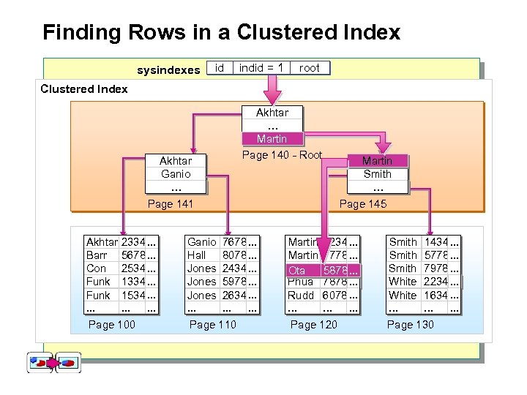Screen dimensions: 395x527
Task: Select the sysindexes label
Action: pyautogui.click(x=168, y=70)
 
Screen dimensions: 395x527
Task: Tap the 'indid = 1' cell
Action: pyautogui.click(x=261, y=68)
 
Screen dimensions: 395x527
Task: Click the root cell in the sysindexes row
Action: pyautogui.click(x=310, y=68)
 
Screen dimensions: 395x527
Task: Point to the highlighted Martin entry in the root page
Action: pyautogui.click(x=272, y=139)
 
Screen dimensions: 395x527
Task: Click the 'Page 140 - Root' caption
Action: pyautogui.click(x=282, y=155)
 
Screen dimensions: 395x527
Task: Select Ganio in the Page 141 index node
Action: pyautogui.click(x=176, y=174)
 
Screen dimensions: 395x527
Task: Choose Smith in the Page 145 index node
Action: pyautogui.click(x=378, y=174)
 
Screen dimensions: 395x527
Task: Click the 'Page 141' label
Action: pyautogui.click(x=171, y=204)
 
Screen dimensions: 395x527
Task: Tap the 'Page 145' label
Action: pyautogui.click(x=363, y=204)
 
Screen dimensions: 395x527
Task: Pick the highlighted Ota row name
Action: pyautogui.click(x=296, y=271)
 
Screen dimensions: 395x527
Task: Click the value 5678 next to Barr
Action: pyautogui.click(x=133, y=255)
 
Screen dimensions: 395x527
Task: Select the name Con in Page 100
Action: pyautogui.click(x=96, y=268)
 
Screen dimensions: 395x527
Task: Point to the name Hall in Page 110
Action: pyautogui.click(x=196, y=255)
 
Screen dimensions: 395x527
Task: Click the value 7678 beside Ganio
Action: pyautogui.click(x=234, y=242)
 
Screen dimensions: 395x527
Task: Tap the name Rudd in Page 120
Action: pyautogui.click(x=300, y=296)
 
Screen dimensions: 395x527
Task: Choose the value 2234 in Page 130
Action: pyautogui.click(x=436, y=282)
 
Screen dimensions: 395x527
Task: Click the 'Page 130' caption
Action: pyautogui.click(x=410, y=324)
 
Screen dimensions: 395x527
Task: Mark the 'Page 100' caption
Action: pyautogui.click(x=111, y=324)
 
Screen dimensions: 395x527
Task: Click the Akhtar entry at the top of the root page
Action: pyautogui.click(x=272, y=113)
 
